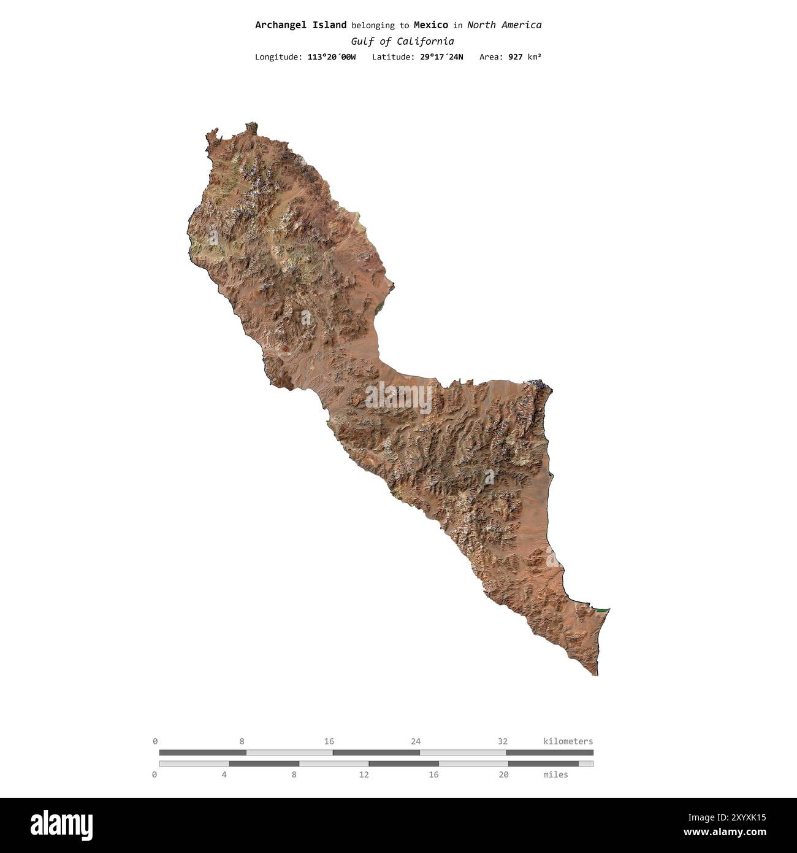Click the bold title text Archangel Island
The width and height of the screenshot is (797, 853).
click(300, 25)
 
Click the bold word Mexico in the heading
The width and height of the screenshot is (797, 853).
click(430, 25)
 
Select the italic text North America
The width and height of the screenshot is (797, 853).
click(504, 25)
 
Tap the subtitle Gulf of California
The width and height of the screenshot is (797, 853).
click(402, 41)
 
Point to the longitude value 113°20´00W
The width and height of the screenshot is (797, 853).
click(331, 57)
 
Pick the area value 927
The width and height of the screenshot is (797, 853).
click(516, 57)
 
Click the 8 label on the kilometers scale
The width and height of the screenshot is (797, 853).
click(242, 741)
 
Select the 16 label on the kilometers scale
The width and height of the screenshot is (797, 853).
click(329, 741)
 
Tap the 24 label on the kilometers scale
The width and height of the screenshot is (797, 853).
click(416, 741)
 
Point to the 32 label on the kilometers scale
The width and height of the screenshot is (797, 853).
click(503, 741)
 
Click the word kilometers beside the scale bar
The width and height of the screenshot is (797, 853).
click(568, 741)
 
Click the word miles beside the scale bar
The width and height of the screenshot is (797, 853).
click(555, 774)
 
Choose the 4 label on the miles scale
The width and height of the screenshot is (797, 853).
click(224, 774)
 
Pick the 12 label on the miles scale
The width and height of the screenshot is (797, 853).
click(364, 774)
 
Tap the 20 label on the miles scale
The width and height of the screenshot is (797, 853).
click(503, 774)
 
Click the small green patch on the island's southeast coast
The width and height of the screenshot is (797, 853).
click(603, 611)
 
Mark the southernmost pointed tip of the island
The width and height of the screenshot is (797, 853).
click(597, 674)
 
